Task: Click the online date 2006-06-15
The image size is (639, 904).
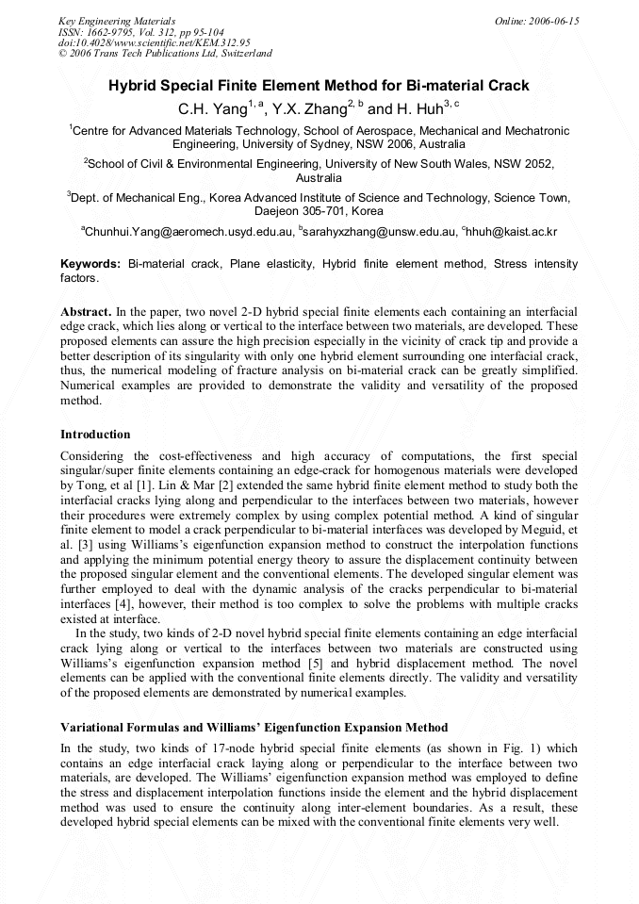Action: (x=552, y=21)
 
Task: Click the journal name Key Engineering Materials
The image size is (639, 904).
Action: (x=117, y=21)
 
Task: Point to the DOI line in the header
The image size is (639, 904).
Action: (x=155, y=43)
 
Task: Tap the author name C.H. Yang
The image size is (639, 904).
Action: (x=212, y=109)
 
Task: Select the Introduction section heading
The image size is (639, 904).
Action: (x=95, y=435)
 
